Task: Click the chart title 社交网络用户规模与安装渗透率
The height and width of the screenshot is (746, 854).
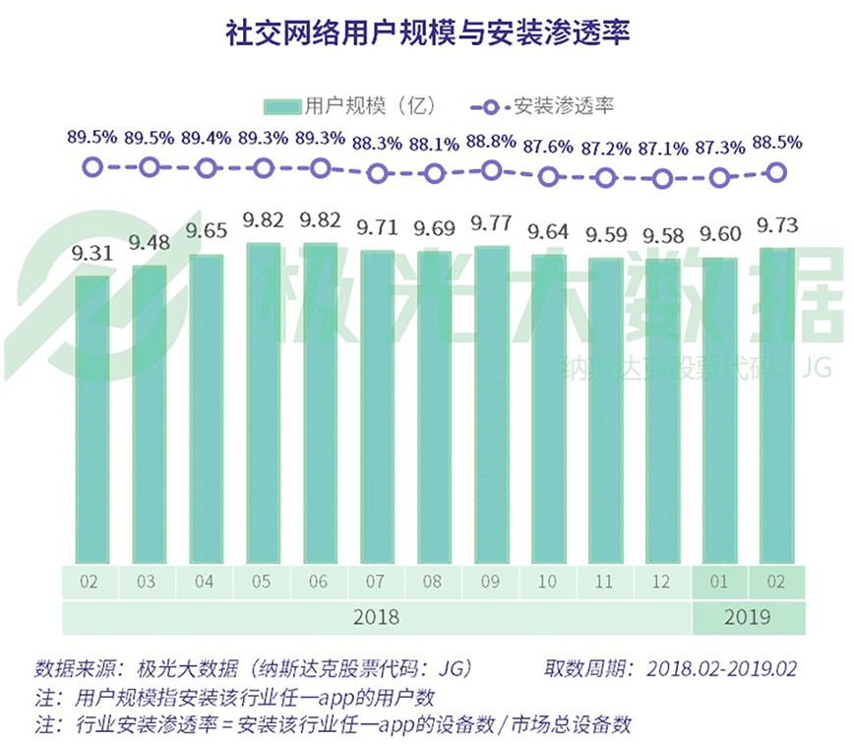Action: coord(426,32)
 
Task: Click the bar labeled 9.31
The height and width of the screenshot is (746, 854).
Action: coord(91,418)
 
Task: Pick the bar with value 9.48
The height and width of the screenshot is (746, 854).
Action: coord(149,413)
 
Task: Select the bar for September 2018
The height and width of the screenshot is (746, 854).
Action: coord(492,404)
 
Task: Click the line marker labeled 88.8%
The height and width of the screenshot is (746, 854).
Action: coord(492,170)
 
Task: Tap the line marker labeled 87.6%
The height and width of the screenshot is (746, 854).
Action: coord(549,178)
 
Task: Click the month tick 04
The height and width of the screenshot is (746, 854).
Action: coord(205,582)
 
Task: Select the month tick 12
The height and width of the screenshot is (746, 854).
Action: coord(662,582)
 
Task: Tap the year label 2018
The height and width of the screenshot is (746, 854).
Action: coord(376,618)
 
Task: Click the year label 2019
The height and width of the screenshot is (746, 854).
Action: coord(748,618)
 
